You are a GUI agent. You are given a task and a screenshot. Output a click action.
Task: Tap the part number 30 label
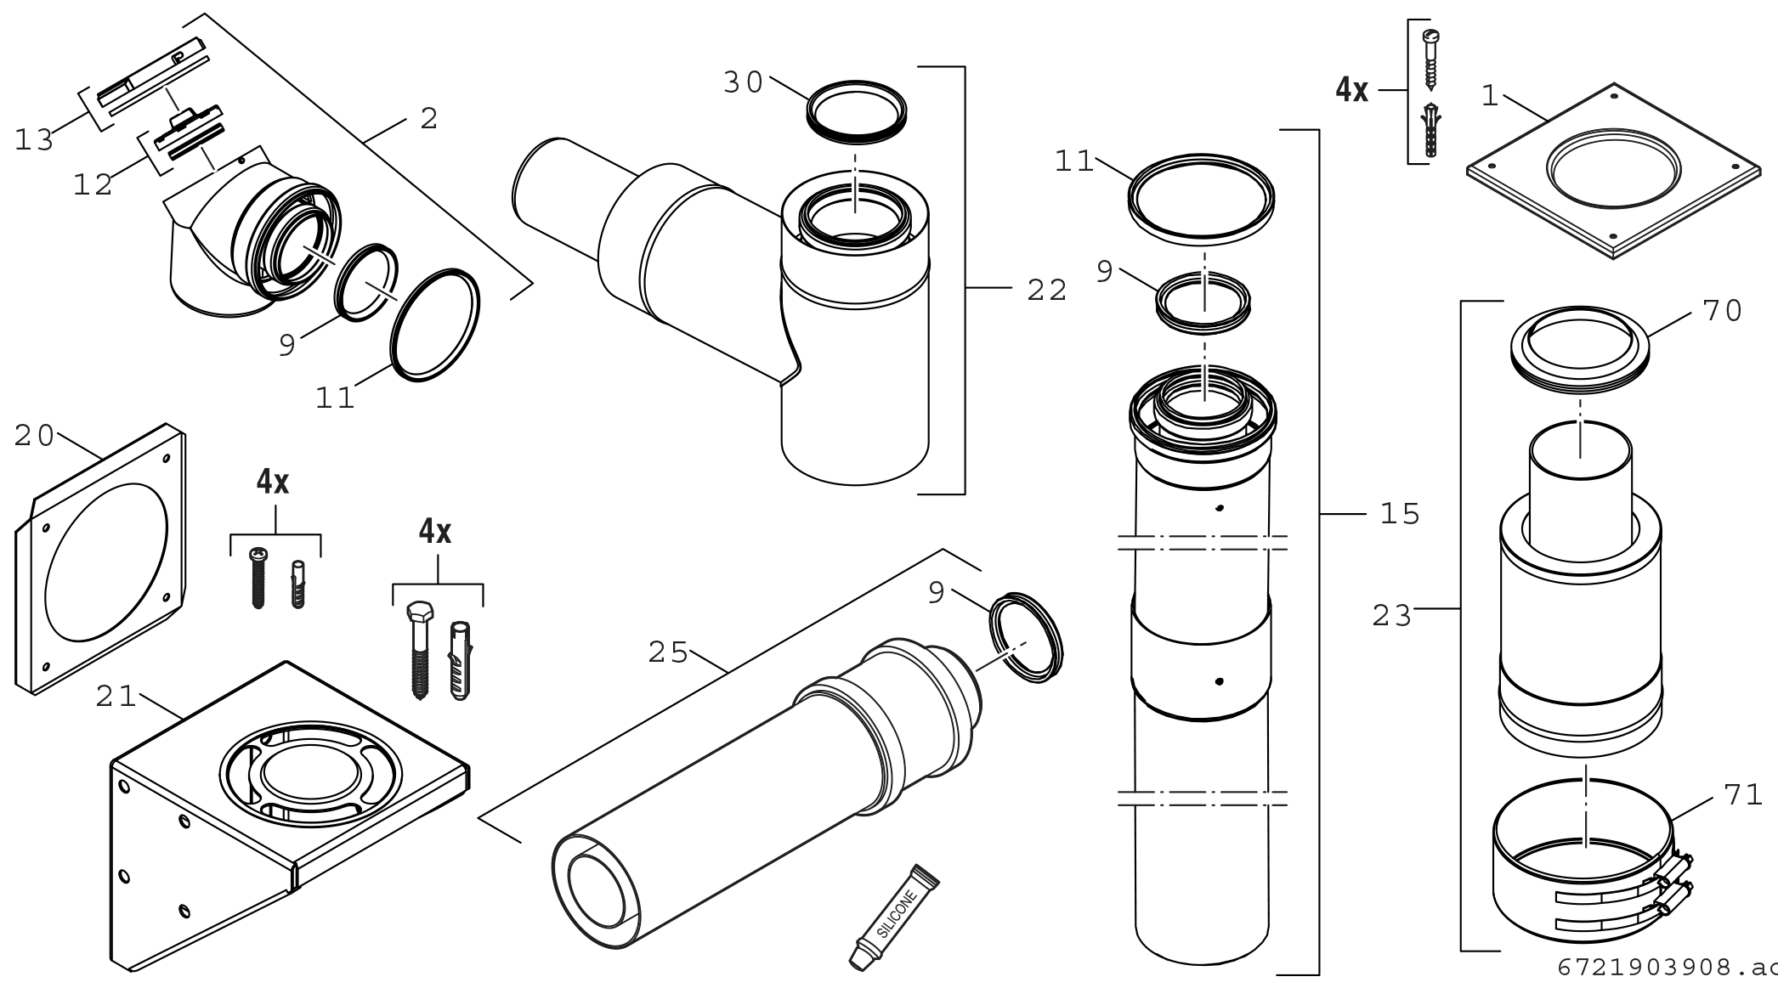743,83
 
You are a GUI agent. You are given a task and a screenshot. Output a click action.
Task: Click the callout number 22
1046,291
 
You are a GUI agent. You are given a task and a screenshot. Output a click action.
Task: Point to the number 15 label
1401,514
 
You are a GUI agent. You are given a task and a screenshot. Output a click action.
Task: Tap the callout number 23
1392,615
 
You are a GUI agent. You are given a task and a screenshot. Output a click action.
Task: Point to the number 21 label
116,697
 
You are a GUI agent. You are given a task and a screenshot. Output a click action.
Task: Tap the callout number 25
668,652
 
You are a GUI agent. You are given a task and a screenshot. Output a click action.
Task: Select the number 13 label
35,140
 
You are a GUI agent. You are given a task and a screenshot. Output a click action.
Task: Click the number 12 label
93,184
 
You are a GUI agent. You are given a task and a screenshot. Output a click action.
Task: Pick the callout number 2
429,119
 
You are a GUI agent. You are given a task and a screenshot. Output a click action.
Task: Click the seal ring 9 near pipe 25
1027,637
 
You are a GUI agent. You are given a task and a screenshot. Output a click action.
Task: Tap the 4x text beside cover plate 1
1351,89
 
